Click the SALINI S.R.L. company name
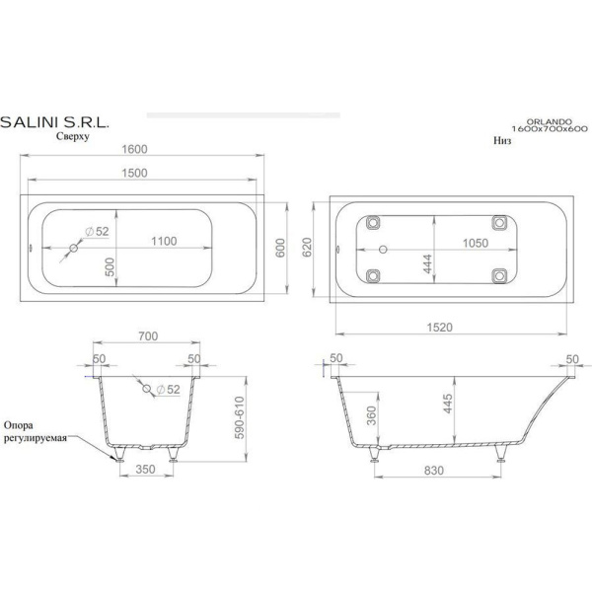coord(54,122)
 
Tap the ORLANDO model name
coord(549,122)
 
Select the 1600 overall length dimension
coord(134,149)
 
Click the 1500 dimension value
coord(134,173)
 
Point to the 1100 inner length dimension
coord(164,241)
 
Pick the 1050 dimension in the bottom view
coord(476,243)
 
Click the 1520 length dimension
coord(439,327)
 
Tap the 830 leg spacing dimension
coord(434,471)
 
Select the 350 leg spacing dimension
coord(145,470)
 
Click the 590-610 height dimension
coord(240,417)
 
